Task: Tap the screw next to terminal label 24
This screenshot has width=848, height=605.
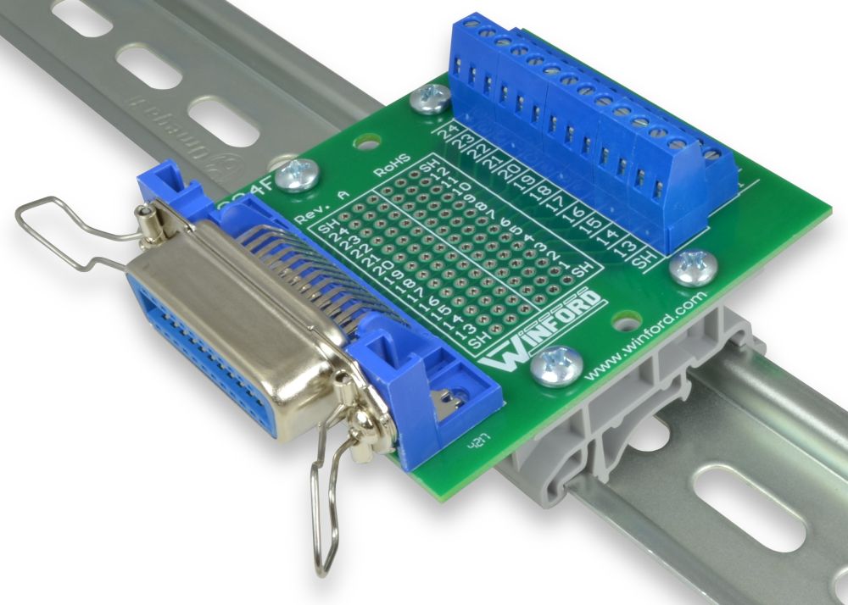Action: (430, 100)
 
